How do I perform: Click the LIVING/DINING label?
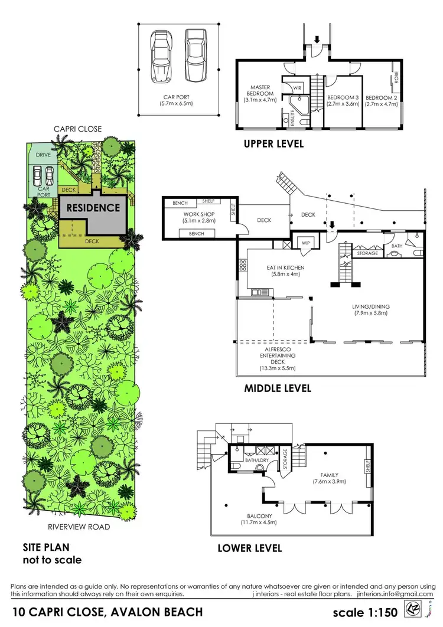[372, 307]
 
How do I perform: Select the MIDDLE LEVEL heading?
[278, 388]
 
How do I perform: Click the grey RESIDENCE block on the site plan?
[93, 208]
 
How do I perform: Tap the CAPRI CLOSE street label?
[77, 129]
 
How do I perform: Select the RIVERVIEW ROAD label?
[79, 527]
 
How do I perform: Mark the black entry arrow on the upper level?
[317, 40]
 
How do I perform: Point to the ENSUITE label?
[292, 118]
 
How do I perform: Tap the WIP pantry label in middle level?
[305, 243]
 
